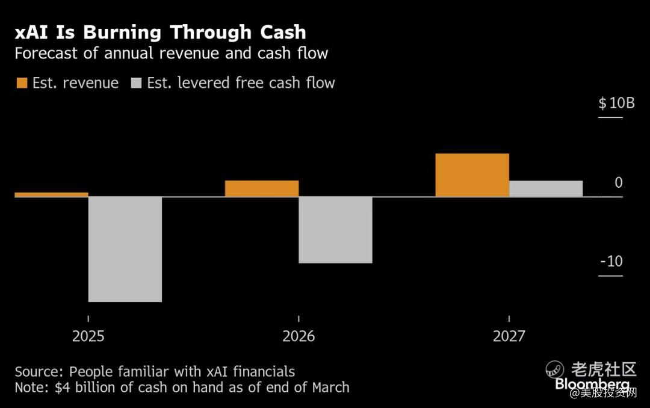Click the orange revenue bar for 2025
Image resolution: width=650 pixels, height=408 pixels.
(x=51, y=194)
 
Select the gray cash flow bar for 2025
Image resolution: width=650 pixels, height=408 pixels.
(x=125, y=249)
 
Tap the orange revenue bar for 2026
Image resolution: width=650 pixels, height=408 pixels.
(x=262, y=188)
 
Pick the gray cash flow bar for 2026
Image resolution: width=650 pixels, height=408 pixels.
(x=335, y=230)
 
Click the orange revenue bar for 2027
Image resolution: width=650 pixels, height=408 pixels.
(x=472, y=175)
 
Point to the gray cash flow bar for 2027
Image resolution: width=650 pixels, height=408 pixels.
(x=546, y=188)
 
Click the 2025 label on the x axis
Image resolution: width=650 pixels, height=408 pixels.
(x=88, y=336)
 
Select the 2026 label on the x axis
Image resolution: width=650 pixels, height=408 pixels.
(x=299, y=336)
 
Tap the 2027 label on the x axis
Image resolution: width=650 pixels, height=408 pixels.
(x=509, y=336)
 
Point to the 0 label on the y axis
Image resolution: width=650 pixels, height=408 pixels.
(x=619, y=182)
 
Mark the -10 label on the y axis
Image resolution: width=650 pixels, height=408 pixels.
(x=611, y=261)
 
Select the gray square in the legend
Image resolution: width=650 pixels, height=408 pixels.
(x=136, y=83)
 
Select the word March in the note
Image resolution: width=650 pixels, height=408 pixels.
(x=330, y=387)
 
